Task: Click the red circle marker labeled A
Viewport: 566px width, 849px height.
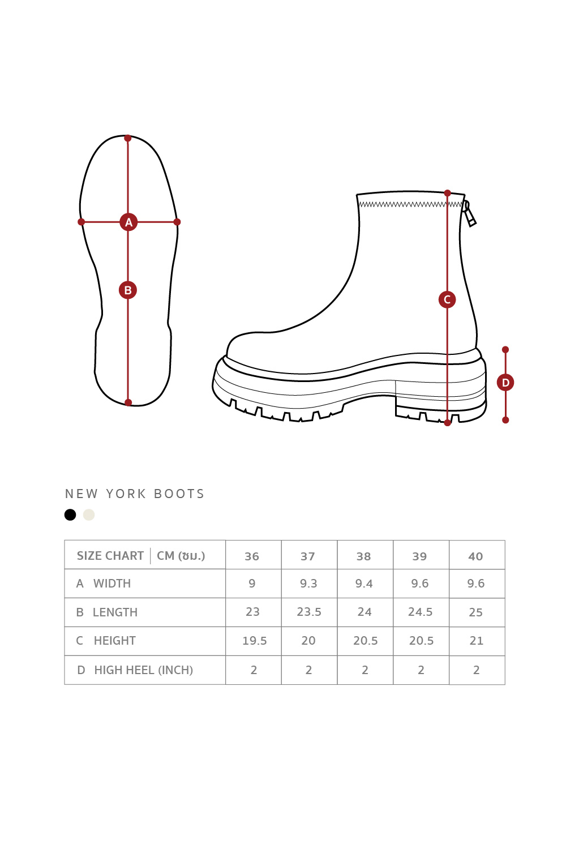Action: pyautogui.click(x=128, y=222)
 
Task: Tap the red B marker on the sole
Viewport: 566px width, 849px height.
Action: pyautogui.click(x=128, y=290)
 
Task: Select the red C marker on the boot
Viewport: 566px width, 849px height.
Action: pyautogui.click(x=447, y=299)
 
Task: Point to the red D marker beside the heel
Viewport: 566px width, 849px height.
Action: pyautogui.click(x=505, y=383)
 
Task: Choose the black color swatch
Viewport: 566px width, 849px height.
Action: pyautogui.click(x=70, y=514)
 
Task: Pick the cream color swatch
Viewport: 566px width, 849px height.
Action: pyautogui.click(x=89, y=514)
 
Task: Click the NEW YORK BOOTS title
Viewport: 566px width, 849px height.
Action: pyautogui.click(x=135, y=494)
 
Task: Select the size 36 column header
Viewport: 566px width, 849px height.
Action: pyautogui.click(x=252, y=556)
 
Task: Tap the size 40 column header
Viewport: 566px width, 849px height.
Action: pyautogui.click(x=475, y=556)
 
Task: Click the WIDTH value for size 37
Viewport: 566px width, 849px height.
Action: pyautogui.click(x=308, y=584)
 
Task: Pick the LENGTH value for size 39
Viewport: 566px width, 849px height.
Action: pyautogui.click(x=420, y=612)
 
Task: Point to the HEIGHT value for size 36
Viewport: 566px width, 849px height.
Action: pyautogui.click(x=254, y=641)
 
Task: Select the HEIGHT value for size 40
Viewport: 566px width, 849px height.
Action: pyautogui.click(x=476, y=641)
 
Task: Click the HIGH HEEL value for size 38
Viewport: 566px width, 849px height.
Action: pyautogui.click(x=365, y=670)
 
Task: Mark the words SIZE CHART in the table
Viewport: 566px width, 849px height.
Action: pyautogui.click(x=110, y=556)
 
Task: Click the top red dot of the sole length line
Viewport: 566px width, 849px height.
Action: pyautogui.click(x=128, y=138)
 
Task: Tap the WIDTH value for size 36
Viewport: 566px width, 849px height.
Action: pyautogui.click(x=252, y=584)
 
